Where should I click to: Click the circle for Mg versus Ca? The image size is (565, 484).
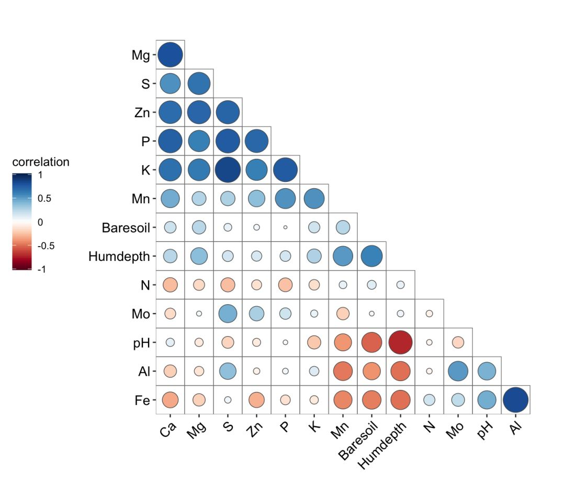click(170, 54)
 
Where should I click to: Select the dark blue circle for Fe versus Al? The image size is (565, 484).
click(516, 400)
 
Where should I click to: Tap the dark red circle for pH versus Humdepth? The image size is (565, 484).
click(400, 342)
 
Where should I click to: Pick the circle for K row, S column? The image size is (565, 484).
click(228, 169)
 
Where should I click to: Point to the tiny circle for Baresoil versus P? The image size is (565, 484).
click(285, 227)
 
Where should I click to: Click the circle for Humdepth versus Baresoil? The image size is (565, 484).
click(371, 256)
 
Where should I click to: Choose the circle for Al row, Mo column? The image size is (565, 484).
click(458, 371)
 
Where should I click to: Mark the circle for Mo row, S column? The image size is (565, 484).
click(228, 314)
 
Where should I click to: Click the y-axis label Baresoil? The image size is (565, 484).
click(126, 228)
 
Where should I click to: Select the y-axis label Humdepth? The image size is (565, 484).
click(119, 257)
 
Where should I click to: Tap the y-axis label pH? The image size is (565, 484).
click(142, 343)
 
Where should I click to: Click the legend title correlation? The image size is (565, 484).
click(41, 162)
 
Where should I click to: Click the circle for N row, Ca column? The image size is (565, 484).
click(170, 285)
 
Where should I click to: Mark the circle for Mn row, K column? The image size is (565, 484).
click(314, 198)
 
